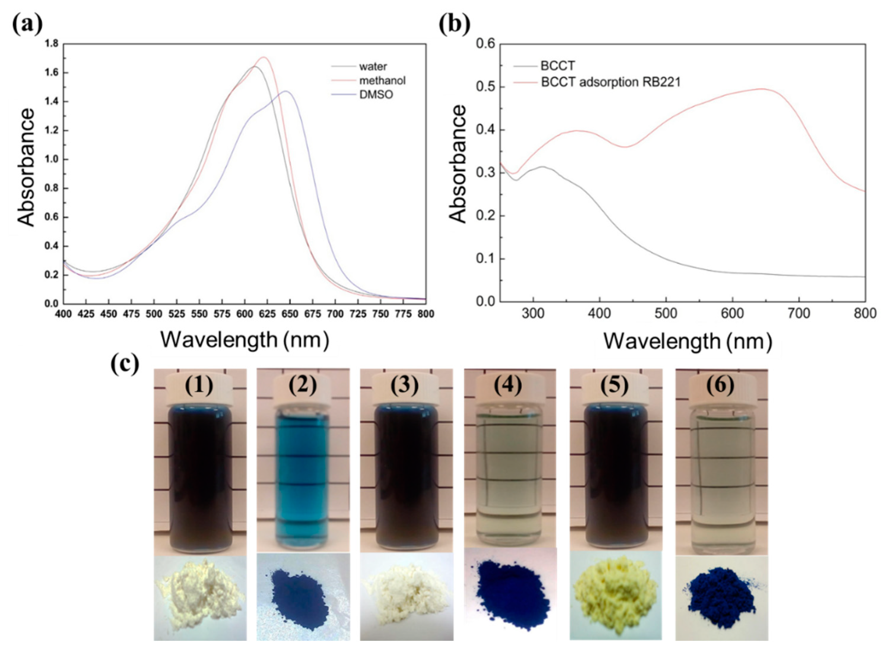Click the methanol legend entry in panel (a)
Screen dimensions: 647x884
[382, 81]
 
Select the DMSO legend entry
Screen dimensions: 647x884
[376, 94]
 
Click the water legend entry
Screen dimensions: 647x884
[373, 66]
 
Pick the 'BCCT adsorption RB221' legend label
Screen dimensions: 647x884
[610, 82]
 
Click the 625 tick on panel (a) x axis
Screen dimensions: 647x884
[267, 314]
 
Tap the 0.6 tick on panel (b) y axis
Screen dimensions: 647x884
[485, 44]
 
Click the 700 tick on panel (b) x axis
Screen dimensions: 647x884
[799, 314]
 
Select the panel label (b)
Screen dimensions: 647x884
[454, 24]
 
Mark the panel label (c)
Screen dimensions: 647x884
[125, 364]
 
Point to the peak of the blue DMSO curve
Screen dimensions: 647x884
[287, 91]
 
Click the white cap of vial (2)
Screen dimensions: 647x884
[303, 389]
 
